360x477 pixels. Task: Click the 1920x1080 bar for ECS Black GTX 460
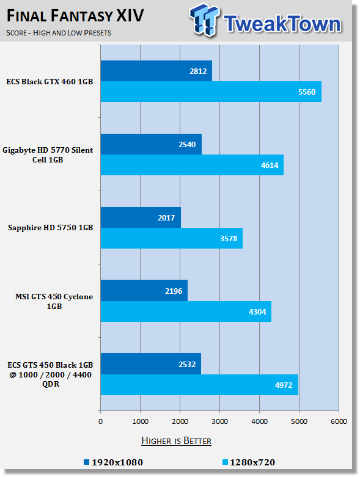click(156, 71)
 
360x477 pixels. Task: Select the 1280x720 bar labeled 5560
click(211, 92)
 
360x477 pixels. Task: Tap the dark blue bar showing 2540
click(151, 144)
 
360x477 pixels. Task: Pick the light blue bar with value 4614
click(192, 165)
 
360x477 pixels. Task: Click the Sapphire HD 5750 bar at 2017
click(141, 217)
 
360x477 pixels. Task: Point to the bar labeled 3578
click(172, 238)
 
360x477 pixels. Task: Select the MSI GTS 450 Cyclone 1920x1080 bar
click(144, 291)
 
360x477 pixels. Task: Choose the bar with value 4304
click(186, 311)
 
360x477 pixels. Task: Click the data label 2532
click(187, 364)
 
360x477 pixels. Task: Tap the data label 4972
click(284, 385)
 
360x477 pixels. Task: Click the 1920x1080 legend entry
click(113, 462)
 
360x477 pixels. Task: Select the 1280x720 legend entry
click(249, 462)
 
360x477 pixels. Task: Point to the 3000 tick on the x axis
click(219, 421)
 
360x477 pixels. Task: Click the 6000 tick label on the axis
click(339, 421)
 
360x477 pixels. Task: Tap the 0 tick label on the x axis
click(101, 421)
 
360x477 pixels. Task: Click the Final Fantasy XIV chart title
click(75, 16)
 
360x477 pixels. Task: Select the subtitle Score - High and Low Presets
click(59, 33)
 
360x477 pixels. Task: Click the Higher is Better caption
click(176, 441)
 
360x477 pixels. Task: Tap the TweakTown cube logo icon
click(204, 20)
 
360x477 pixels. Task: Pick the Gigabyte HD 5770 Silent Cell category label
click(48, 155)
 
